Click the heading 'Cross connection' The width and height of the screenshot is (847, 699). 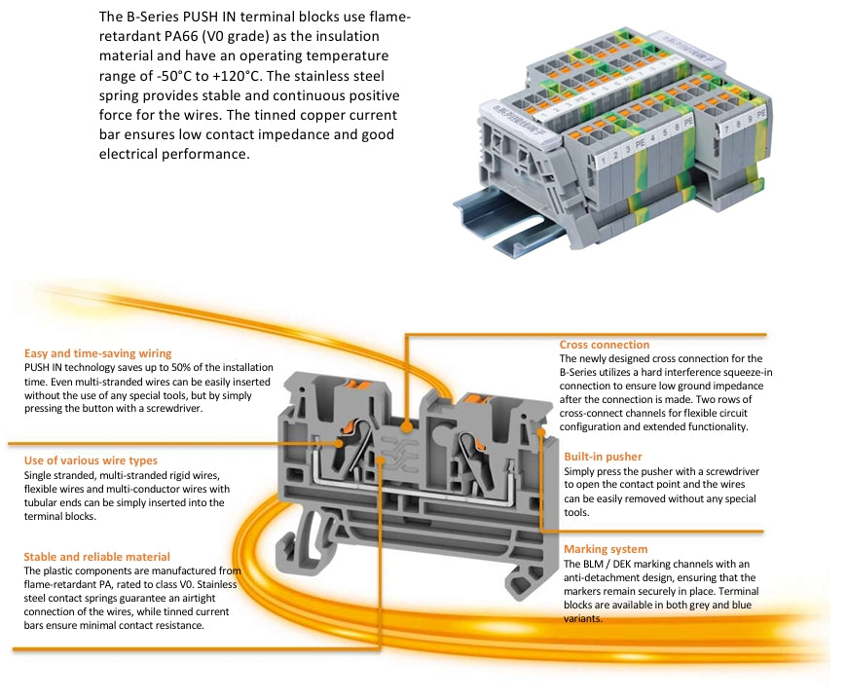[x=604, y=345]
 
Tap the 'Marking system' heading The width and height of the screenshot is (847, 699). [x=605, y=549]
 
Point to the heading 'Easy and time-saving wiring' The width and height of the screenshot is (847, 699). [x=97, y=353]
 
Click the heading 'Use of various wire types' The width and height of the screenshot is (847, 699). [x=90, y=460]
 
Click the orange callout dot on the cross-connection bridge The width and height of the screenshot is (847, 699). [x=406, y=424]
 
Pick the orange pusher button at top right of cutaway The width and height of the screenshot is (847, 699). [x=474, y=398]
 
